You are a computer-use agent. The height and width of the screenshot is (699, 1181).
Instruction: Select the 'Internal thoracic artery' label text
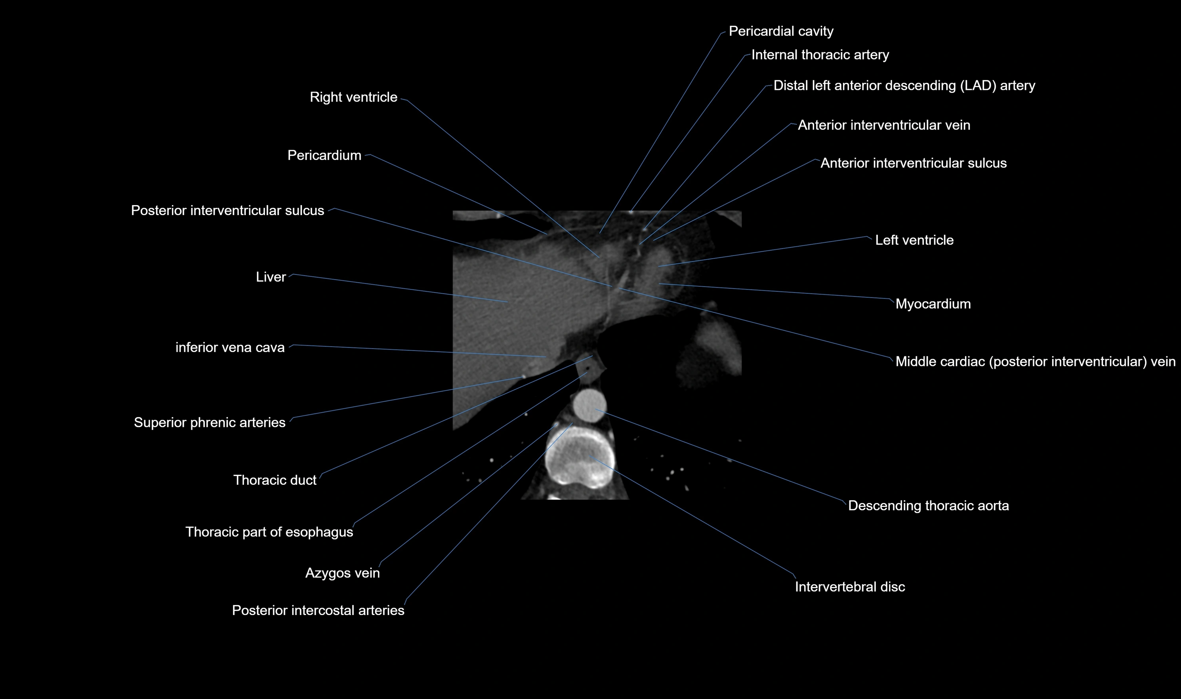click(x=820, y=55)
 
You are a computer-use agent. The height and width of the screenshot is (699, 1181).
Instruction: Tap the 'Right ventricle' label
click(x=353, y=97)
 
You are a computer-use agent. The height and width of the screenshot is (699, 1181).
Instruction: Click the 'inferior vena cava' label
click(x=230, y=348)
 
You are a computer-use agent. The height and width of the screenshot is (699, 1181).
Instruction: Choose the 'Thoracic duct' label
click(x=275, y=480)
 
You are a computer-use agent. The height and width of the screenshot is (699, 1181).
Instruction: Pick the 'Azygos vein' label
click(x=342, y=573)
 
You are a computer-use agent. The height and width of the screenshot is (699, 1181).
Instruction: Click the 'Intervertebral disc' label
click(x=849, y=587)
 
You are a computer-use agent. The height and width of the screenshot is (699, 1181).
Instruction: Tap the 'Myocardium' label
click(x=932, y=304)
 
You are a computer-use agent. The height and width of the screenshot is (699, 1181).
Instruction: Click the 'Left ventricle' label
click(x=914, y=241)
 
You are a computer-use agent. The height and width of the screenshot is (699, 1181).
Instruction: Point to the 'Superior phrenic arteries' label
click(x=209, y=423)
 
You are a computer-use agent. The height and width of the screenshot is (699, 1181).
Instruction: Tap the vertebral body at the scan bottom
click(x=580, y=459)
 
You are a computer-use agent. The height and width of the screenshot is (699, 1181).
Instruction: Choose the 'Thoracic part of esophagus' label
click(x=269, y=532)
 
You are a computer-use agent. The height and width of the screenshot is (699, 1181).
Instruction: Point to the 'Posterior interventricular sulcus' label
click(x=227, y=211)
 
